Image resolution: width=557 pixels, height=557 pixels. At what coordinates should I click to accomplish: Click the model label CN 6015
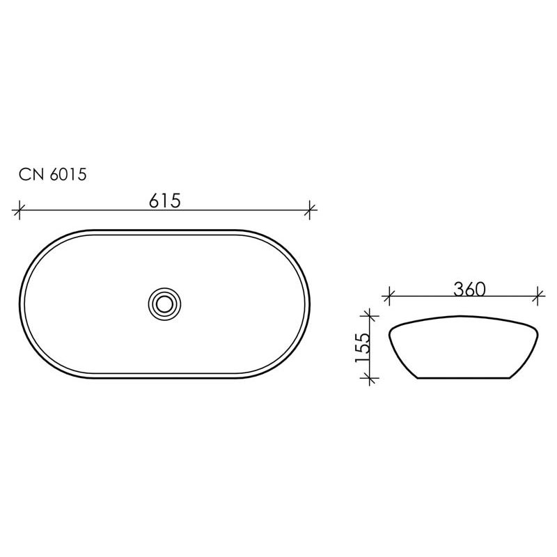(52, 175)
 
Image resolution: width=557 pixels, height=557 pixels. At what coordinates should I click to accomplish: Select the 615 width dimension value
(165, 201)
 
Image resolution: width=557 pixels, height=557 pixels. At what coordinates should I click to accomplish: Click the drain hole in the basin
(166, 303)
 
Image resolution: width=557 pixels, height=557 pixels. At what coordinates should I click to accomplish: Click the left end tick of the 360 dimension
(389, 296)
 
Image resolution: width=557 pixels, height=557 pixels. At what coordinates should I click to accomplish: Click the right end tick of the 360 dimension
(537, 296)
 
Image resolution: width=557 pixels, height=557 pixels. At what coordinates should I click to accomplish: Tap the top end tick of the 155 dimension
(369, 317)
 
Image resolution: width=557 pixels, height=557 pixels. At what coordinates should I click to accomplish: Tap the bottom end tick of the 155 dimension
(369, 378)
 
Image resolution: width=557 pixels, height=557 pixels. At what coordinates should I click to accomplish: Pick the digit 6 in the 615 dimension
(155, 201)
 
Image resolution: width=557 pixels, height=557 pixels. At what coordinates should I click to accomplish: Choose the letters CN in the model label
(30, 175)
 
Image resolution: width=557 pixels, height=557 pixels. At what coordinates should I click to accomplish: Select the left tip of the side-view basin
(390, 329)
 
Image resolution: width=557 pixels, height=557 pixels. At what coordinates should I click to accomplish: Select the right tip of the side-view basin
(540, 329)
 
